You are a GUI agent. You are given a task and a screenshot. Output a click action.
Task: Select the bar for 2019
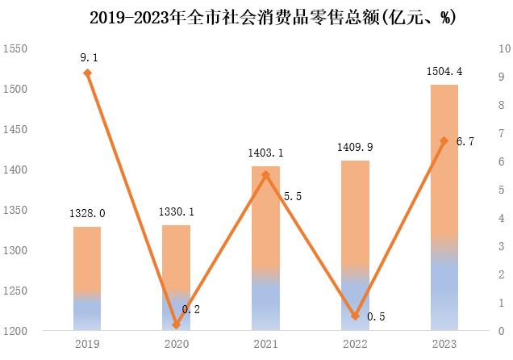pos(87,278)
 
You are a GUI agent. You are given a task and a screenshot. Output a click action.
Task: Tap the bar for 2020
pos(177,278)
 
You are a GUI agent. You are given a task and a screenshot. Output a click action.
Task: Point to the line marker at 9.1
pos(87,73)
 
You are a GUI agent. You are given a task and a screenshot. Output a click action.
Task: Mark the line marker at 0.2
pos(177,325)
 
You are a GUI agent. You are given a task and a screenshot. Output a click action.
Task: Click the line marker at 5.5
pos(265,175)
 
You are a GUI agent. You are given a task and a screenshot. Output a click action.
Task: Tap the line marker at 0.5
pos(355,316)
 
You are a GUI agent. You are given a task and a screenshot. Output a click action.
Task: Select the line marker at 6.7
pos(444,141)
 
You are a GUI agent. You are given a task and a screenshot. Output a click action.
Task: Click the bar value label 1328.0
pos(87,213)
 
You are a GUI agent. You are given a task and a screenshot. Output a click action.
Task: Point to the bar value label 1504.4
pos(444,72)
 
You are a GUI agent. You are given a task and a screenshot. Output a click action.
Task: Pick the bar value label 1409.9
pos(355,147)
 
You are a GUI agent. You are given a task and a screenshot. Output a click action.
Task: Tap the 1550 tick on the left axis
pos(15,49)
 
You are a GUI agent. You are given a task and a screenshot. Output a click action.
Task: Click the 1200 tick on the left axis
pos(15,331)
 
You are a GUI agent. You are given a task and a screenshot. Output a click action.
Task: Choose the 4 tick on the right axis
pos(503,218)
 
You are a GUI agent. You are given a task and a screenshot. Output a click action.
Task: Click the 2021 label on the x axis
pos(265,345)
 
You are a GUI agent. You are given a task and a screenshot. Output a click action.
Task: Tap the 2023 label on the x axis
pos(444,345)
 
